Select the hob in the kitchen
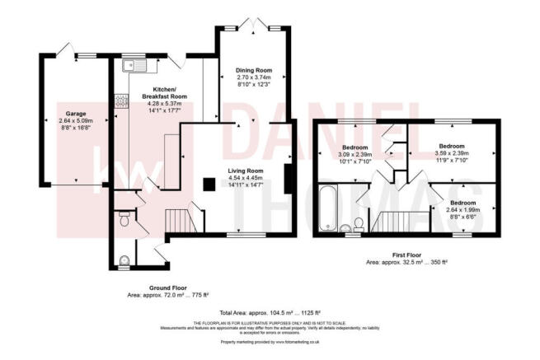[x=120, y=102]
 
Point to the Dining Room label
[x=256, y=71]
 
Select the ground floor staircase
[x=179, y=220]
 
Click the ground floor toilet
[x=123, y=220]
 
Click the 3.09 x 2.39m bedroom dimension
[x=355, y=154]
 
